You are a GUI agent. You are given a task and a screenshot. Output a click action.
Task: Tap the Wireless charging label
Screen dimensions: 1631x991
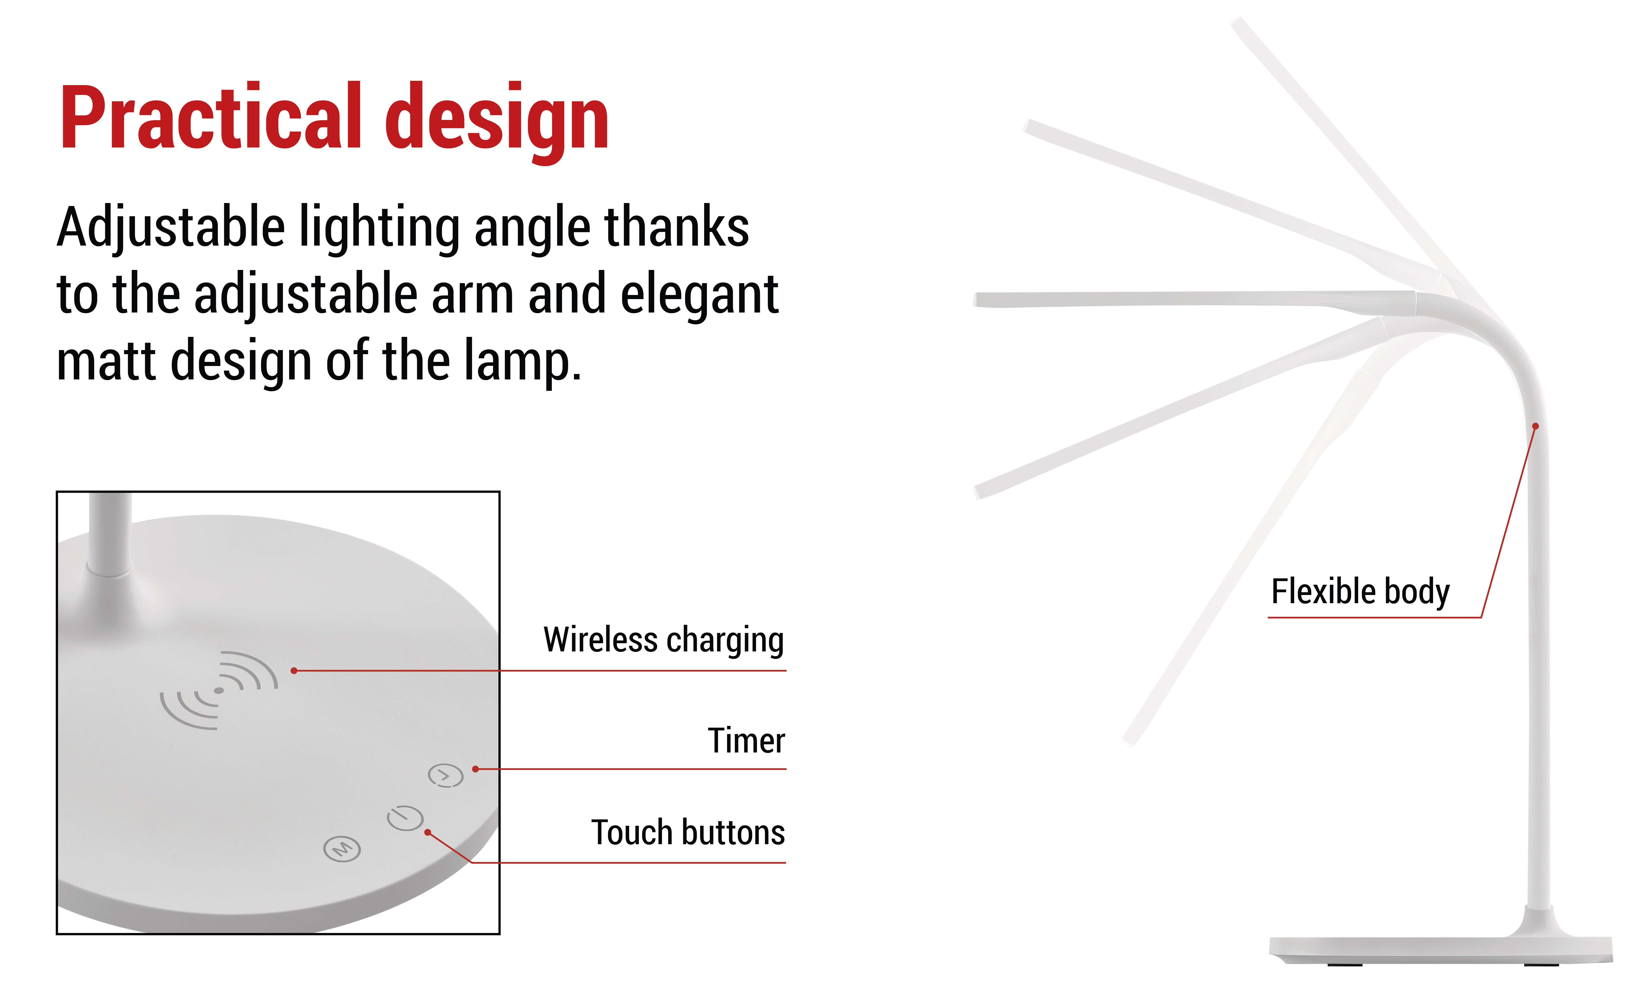coord(664,640)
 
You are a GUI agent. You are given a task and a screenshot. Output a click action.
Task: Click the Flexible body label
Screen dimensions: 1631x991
coord(1360,591)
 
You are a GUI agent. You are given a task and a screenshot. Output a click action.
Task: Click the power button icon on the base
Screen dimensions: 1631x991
coord(405,818)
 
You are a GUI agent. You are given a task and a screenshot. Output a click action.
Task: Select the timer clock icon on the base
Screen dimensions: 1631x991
coord(445,775)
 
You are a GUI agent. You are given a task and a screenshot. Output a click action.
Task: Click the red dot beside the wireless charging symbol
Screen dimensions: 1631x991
coord(294,671)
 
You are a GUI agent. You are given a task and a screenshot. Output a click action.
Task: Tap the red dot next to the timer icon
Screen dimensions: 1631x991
coord(475,769)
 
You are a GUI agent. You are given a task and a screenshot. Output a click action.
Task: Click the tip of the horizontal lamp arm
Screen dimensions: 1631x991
coord(976,300)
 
